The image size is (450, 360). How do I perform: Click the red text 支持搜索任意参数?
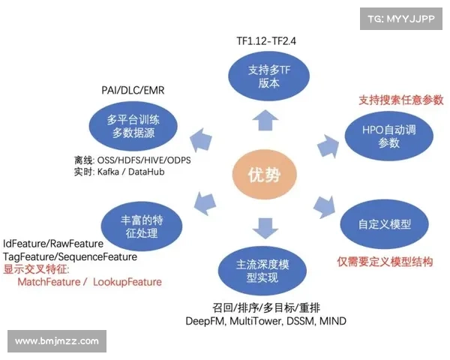400,100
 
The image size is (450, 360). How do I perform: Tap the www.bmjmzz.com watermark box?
57,341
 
